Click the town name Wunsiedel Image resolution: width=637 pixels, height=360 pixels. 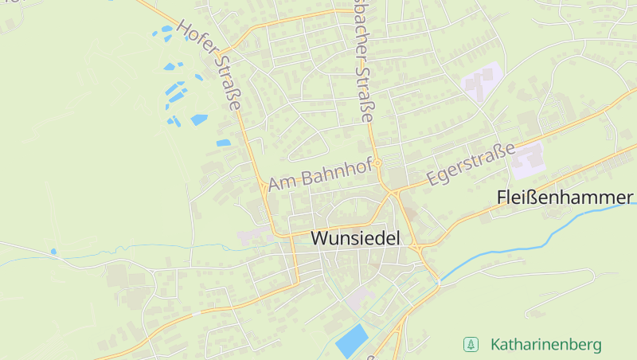point(354,238)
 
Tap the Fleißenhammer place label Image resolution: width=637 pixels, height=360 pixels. point(565,197)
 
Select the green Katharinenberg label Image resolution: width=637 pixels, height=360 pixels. point(545,345)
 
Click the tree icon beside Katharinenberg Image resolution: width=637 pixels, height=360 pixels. point(471,345)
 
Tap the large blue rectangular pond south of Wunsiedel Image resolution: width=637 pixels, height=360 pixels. point(352,341)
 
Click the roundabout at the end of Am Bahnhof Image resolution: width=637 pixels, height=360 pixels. point(379,162)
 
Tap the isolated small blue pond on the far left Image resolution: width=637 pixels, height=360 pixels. point(53,252)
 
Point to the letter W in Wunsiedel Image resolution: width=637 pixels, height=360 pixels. point(318,238)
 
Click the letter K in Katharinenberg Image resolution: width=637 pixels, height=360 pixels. point(496,345)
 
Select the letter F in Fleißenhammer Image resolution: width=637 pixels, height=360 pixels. point(502,197)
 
